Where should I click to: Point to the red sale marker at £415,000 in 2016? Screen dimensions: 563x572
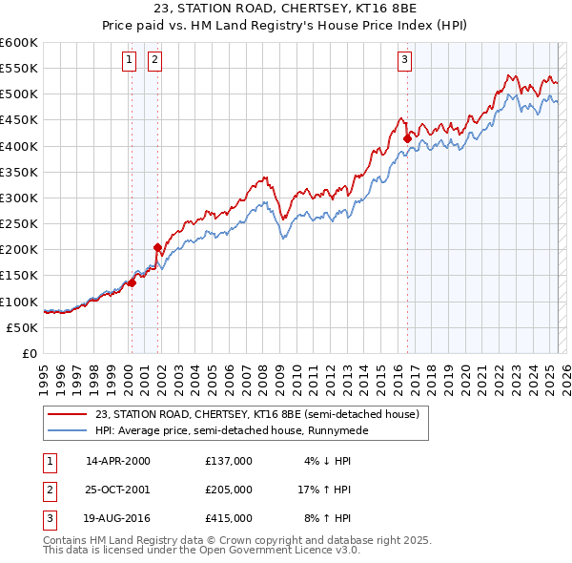(407, 138)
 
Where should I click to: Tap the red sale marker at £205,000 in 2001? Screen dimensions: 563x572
(157, 247)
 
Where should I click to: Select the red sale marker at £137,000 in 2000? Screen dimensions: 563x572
(133, 282)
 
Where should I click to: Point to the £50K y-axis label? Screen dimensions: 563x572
(23, 327)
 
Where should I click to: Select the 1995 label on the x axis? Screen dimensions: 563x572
(44, 375)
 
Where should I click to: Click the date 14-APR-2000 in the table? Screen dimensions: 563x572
(118, 461)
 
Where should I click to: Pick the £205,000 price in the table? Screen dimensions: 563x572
(229, 490)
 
